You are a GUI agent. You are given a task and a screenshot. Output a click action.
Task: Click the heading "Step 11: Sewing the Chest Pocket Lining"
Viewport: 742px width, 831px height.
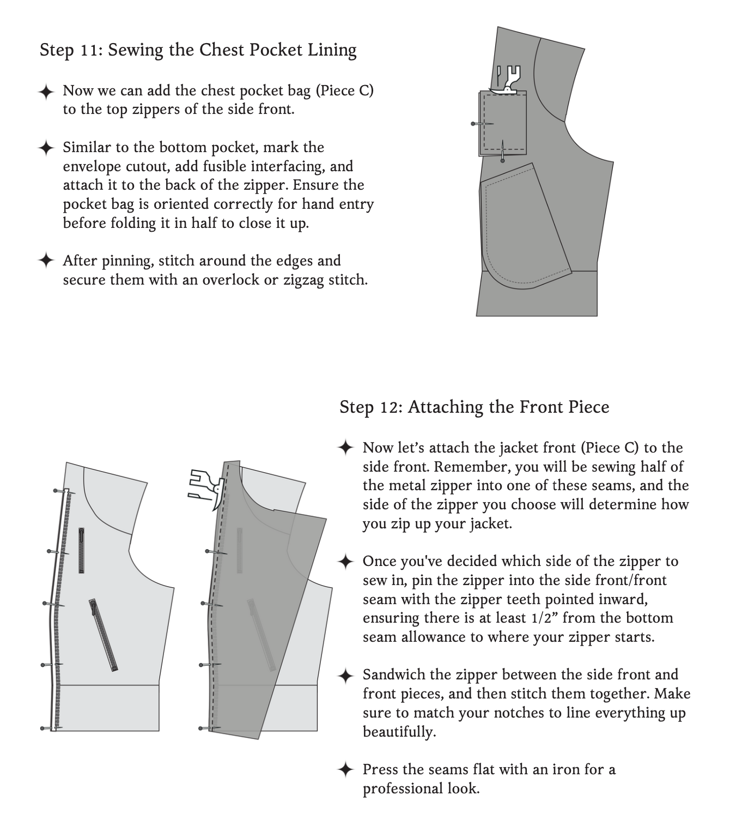(x=198, y=50)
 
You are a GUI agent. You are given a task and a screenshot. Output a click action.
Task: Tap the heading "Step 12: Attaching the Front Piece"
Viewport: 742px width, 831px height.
(x=474, y=407)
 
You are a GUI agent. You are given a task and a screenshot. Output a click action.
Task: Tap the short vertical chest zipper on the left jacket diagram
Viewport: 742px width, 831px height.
(x=82, y=550)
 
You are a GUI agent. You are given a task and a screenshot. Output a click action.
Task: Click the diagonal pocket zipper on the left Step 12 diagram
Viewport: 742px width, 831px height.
(x=104, y=635)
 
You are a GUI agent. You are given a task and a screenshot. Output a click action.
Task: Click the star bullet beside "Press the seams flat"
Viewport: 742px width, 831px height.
(x=346, y=770)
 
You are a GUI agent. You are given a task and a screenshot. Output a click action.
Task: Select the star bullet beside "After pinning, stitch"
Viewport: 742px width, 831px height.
(x=46, y=261)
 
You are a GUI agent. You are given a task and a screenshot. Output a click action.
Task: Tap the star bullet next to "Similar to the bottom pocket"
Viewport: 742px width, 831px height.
(x=46, y=148)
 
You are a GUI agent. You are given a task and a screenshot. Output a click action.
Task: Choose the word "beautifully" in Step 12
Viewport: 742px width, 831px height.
(x=399, y=732)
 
